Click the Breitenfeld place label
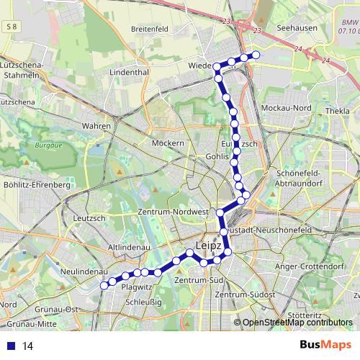pyautogui.click(x=149, y=29)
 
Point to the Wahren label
pyautogui.click(x=96, y=126)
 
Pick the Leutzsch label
pyautogui.click(x=90, y=217)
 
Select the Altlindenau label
pyautogui.click(x=128, y=246)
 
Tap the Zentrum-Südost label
pyautogui.click(x=246, y=296)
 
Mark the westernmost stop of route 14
pyautogui.click(x=104, y=285)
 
